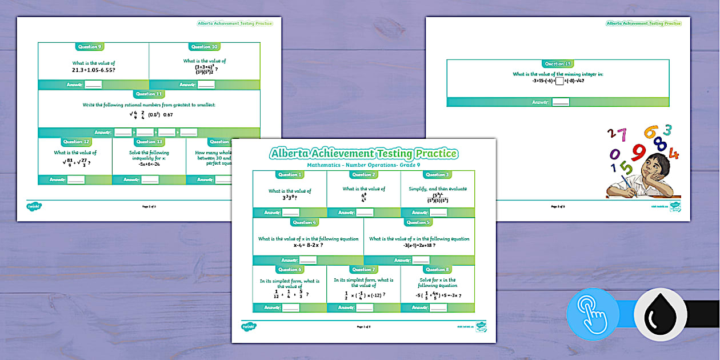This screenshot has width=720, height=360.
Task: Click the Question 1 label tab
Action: tap(290, 174)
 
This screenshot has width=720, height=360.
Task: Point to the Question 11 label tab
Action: tap(149, 94)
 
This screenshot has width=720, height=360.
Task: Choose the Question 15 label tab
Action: tap(558, 64)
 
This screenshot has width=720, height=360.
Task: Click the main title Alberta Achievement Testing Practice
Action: tap(364, 154)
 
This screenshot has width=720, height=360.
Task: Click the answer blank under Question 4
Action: tap(308, 260)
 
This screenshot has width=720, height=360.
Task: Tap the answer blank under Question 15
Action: tap(561, 102)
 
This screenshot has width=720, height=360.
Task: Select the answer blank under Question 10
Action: tap(206, 85)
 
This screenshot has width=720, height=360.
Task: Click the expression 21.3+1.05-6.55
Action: tap(93, 69)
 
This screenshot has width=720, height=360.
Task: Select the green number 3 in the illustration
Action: tap(667, 130)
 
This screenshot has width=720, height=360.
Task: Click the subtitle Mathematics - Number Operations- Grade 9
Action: tap(364, 165)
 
